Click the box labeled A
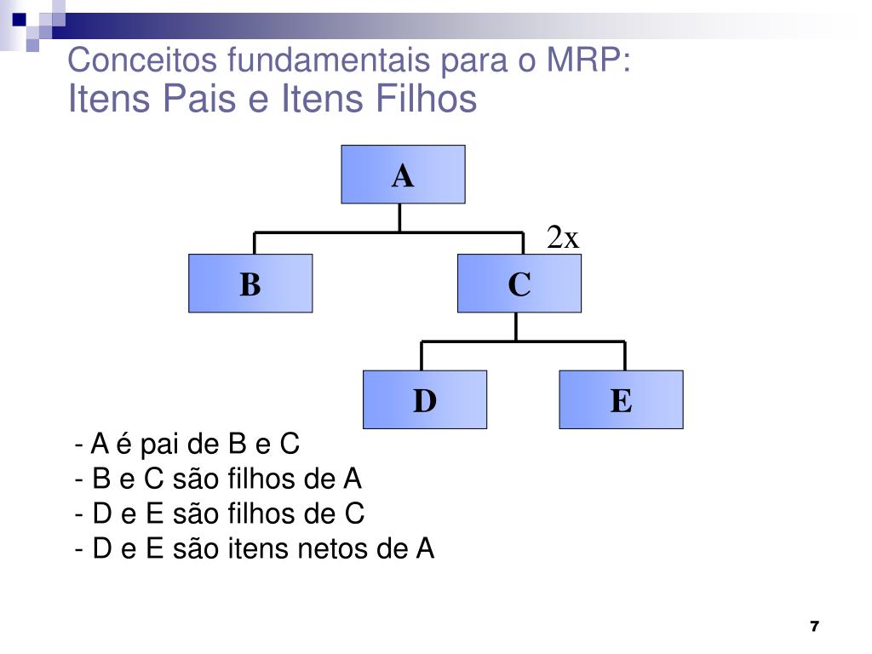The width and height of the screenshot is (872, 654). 403,175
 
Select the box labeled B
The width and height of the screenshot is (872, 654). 250,284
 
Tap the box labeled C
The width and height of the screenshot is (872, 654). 519,284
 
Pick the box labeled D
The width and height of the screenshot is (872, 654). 425,399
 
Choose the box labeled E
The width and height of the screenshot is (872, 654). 621,399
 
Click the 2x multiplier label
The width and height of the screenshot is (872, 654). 563,238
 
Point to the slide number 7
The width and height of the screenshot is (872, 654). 814,627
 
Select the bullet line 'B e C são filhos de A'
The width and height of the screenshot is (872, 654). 219,479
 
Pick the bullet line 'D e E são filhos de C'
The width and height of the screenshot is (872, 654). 220,514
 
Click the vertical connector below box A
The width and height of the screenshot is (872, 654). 399,217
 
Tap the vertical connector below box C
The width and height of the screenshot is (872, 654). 516,326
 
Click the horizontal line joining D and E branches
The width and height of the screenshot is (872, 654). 524,341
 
